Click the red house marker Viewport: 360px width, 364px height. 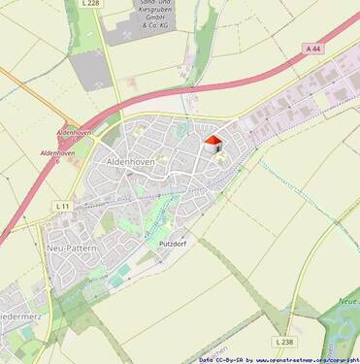pos(213,145)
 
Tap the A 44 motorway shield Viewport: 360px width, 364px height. pos(312,48)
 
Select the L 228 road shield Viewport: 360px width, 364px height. pos(90,4)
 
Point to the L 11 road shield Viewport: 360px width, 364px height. pos(62,206)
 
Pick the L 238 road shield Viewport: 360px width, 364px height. pos(283,342)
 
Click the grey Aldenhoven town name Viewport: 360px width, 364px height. pos(130,159)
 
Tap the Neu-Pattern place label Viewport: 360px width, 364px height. pos(70,248)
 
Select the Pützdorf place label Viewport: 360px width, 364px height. pos(171,242)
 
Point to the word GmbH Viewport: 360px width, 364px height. pos(149,18)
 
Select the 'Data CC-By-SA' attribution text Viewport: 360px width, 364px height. pos(221,359)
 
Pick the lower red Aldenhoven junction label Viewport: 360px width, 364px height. pos(57,153)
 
